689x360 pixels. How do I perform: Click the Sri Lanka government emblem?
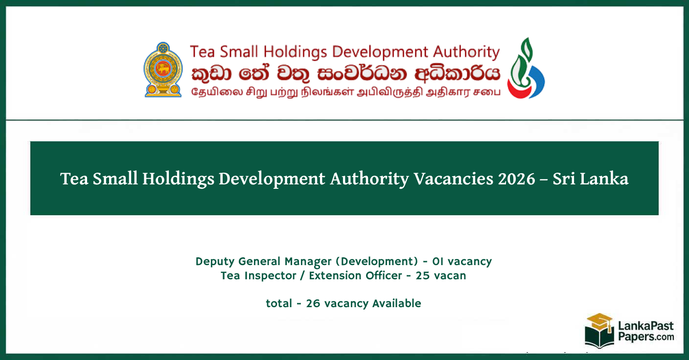tap(162, 69)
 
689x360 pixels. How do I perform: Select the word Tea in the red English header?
tap(202, 52)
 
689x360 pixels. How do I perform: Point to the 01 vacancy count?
tap(435, 261)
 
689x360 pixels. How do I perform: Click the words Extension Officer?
tap(355, 275)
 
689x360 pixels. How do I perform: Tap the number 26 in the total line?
tap(313, 303)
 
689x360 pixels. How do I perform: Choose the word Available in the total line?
tap(397, 303)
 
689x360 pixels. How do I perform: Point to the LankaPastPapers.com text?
tap(645, 331)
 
